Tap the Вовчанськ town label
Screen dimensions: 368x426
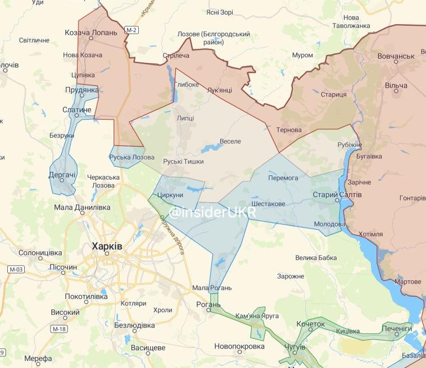pyautogui.click(x=395, y=56)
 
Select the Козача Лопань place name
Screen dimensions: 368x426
pyautogui.click(x=92, y=33)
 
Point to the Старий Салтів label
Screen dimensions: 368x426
pyautogui.click(x=337, y=194)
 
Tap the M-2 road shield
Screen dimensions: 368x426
pyautogui.click(x=132, y=29)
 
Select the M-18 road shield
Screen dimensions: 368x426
pyautogui.click(x=58, y=328)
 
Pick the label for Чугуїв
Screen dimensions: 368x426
pyautogui.click(x=295, y=348)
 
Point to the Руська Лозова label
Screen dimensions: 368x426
pyautogui.click(x=132, y=157)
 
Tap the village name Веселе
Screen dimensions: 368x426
pyautogui.click(x=230, y=140)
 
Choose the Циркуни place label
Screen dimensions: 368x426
pyautogui.click(x=171, y=195)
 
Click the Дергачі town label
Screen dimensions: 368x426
pyautogui.click(x=62, y=175)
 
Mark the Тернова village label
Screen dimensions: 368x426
pyautogui.click(x=289, y=130)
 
